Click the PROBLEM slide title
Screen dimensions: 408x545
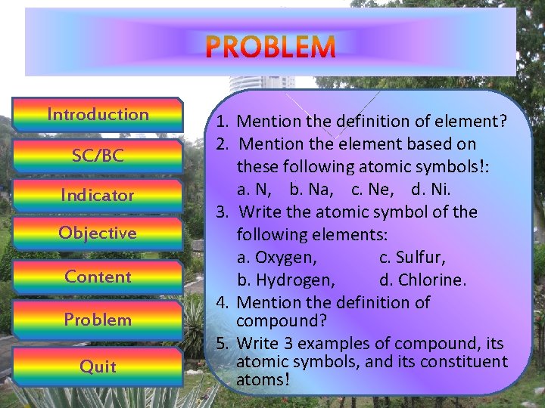(x=270, y=47)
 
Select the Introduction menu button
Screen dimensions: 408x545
(x=98, y=115)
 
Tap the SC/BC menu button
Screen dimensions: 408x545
(x=98, y=156)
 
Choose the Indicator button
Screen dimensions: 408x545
(x=98, y=195)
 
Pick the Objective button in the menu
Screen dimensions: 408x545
(x=98, y=233)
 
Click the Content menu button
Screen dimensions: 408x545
(x=98, y=277)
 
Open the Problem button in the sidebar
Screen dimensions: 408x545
(x=98, y=320)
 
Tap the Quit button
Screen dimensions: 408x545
(x=98, y=366)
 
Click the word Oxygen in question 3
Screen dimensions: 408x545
(x=285, y=258)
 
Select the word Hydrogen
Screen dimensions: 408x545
(x=296, y=280)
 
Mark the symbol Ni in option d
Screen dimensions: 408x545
(x=440, y=189)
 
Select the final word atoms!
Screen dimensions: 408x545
(x=263, y=380)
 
